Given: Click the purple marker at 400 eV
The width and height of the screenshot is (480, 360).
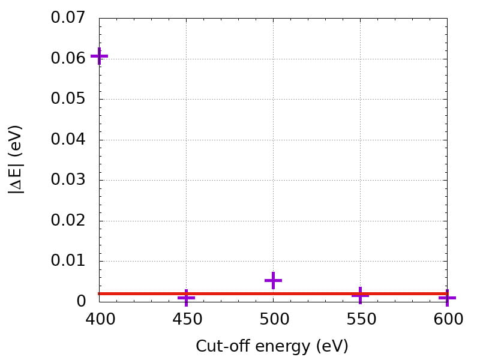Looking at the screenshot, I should click(x=100, y=56).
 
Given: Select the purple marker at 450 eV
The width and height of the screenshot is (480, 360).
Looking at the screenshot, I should click(x=186, y=297).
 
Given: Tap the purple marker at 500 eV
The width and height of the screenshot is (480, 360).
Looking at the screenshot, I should click(x=273, y=280).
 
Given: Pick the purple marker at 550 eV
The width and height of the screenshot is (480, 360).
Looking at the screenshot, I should click(x=360, y=295).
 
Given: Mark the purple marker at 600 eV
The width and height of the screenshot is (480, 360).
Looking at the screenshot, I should click(x=446, y=298).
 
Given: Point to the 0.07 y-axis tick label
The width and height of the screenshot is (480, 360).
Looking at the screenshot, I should click(x=69, y=18).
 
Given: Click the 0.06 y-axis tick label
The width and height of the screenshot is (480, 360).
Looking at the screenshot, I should click(x=69, y=59).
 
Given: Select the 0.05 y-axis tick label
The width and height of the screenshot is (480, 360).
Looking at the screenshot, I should click(x=69, y=99).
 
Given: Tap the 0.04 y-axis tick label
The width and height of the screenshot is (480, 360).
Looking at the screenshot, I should click(x=69, y=140).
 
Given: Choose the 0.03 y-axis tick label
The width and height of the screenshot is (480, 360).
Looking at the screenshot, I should click(x=69, y=180).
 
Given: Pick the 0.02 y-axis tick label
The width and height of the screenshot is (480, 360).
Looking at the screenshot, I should click(x=69, y=221).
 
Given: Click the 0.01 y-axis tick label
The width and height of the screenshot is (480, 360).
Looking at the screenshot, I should click(x=69, y=261).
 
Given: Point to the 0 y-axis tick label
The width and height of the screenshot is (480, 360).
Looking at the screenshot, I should click(x=82, y=301).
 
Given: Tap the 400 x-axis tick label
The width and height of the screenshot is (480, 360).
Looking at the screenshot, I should click(x=100, y=319).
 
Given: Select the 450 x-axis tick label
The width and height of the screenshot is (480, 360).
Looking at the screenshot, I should click(x=186, y=319).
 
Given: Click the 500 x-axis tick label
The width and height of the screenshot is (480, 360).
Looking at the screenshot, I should click(x=273, y=319).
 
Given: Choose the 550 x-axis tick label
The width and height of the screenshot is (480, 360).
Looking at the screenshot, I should click(x=360, y=319).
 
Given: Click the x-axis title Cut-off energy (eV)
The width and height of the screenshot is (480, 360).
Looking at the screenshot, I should click(x=272, y=346).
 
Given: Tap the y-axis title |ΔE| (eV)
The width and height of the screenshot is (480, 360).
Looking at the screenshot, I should click(x=16, y=159).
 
